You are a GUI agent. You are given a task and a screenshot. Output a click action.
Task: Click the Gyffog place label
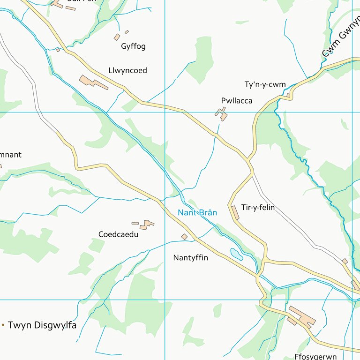click(x=133, y=46)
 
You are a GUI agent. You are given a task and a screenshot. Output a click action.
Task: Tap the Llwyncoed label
click(x=127, y=71)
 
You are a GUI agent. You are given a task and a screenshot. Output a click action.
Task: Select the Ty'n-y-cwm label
click(x=265, y=85)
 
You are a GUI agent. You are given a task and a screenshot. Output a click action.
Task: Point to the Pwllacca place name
click(x=237, y=101)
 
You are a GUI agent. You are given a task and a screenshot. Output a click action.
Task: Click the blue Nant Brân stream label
click(x=197, y=213)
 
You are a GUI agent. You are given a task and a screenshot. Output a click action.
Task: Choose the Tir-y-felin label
click(x=258, y=208)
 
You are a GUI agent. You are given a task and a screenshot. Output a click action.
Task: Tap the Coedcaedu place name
click(x=118, y=234)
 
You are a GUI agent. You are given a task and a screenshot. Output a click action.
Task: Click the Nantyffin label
click(x=190, y=258)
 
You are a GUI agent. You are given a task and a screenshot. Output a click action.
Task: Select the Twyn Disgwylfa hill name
click(x=42, y=325)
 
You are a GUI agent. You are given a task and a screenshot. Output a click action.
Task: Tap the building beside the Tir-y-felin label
click(x=235, y=212)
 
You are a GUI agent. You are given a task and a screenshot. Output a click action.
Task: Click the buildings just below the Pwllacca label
click(x=221, y=114)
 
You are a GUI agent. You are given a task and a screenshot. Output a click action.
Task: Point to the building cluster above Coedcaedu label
click(x=147, y=225)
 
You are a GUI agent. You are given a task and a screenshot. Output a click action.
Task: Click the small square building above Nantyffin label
click(x=184, y=237)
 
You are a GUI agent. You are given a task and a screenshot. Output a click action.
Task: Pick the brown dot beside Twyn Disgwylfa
click(x=3, y=325)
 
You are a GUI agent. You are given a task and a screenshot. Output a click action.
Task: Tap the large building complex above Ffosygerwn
click(x=302, y=316)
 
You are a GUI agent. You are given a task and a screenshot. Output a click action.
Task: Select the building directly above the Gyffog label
click(x=117, y=37)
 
